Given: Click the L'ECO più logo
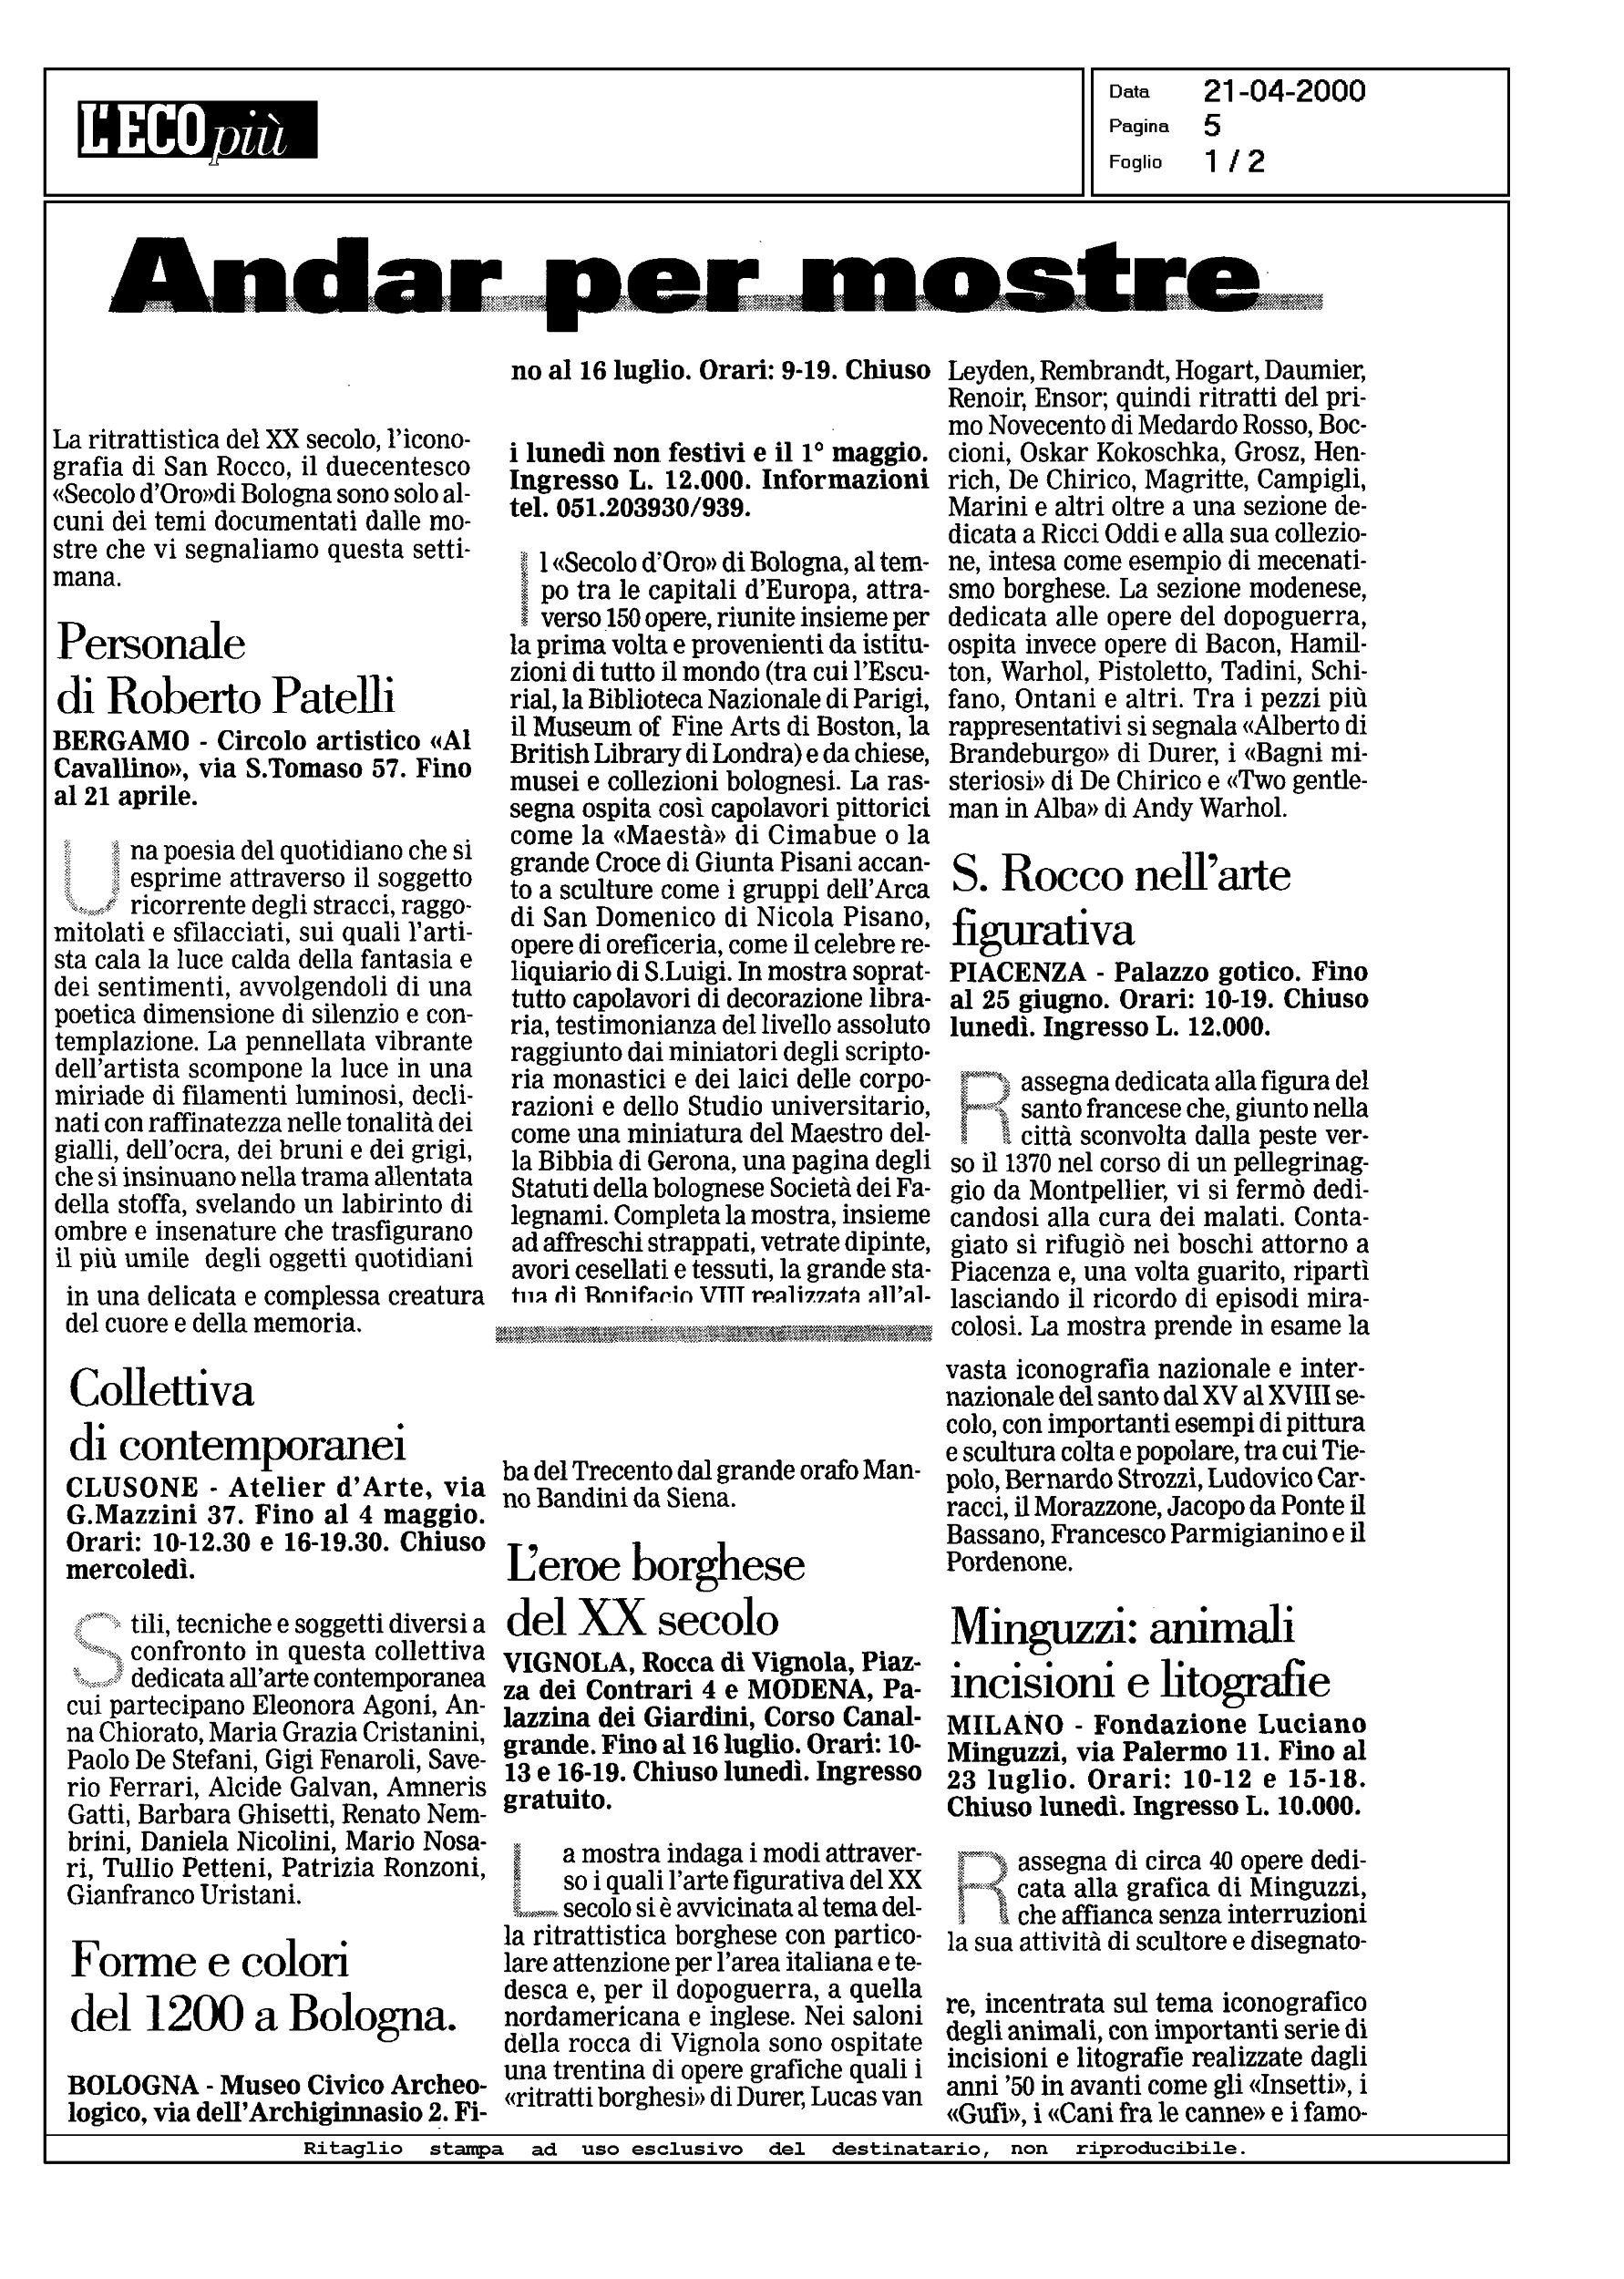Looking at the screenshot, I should click(197, 130).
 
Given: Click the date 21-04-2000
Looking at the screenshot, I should click(1284, 92).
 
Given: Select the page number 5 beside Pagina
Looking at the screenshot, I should click(1212, 126).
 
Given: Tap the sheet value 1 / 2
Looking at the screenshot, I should click(1234, 161).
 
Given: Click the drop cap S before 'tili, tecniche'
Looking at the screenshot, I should click(96, 1650).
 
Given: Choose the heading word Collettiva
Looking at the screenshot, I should click(161, 1389).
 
